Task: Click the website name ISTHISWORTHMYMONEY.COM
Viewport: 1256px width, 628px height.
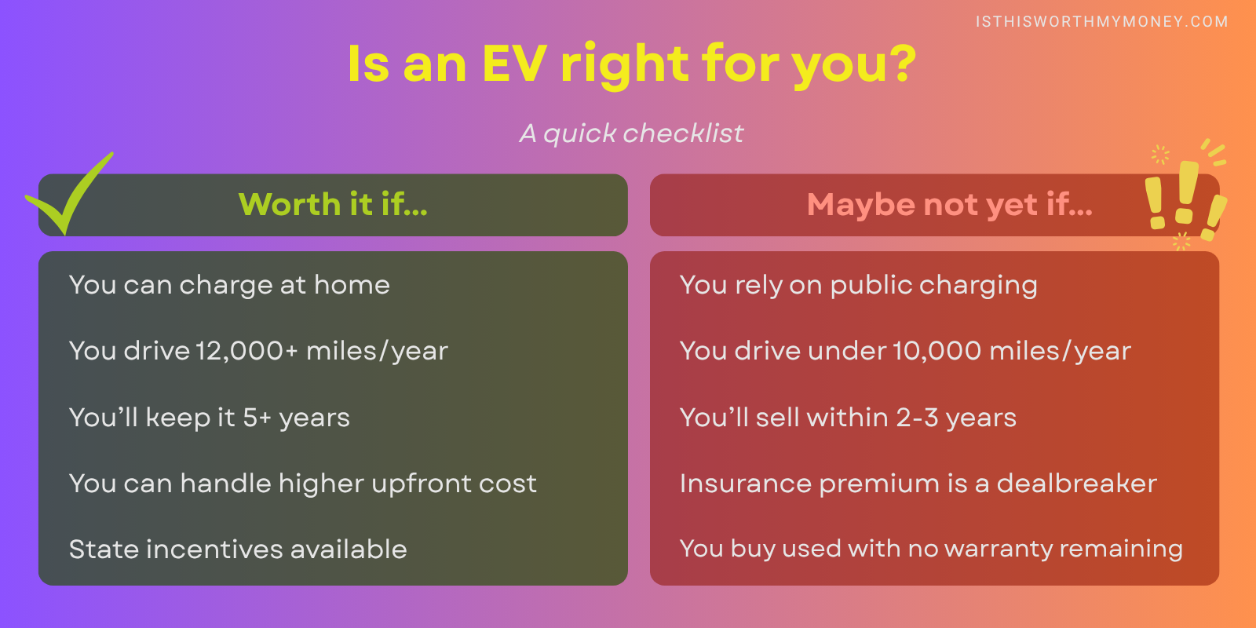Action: [1101, 22]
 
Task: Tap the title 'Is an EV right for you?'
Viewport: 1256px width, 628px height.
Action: [632, 64]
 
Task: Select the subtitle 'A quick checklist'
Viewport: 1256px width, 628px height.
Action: [631, 133]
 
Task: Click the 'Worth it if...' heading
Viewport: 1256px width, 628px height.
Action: [333, 205]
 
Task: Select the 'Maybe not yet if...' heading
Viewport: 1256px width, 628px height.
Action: [949, 205]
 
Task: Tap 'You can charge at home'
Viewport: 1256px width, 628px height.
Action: [229, 285]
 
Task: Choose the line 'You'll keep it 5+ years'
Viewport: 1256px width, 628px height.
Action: [210, 418]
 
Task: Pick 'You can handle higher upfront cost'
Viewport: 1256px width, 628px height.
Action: [303, 484]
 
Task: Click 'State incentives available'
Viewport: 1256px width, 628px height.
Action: [238, 549]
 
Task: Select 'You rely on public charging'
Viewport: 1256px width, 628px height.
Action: [858, 285]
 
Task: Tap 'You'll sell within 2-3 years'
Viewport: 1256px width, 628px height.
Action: [848, 418]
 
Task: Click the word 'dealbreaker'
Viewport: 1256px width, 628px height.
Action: [1076, 484]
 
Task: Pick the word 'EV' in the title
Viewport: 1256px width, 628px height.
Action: [514, 64]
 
